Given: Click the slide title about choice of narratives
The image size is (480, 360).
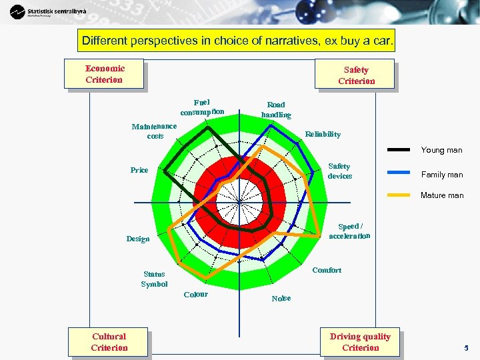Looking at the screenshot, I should pos(237,41).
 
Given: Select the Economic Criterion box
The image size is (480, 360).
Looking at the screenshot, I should pos(104,74).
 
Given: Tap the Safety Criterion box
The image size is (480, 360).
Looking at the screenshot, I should pos(355,75).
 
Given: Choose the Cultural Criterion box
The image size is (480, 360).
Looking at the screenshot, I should pos(109,342).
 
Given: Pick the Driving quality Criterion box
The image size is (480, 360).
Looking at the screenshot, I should pos(360,342).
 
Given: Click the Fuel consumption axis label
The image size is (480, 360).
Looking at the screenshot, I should pos(202,107).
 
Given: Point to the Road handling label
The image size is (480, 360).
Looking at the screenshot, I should pos(276,110).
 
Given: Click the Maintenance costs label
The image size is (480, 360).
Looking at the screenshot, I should pos(155,131).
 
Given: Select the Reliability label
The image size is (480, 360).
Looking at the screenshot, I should pos(323,134).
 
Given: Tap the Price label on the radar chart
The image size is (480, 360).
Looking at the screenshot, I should pos(139,170).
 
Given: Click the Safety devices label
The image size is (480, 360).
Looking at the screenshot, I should pos(339,171).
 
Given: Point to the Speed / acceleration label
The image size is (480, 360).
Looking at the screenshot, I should pos(350,231).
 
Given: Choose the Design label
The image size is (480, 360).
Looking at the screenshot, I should pos(138,239).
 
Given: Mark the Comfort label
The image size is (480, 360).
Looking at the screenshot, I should pos(327,270).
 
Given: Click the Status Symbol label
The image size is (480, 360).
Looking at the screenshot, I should pos(154,279).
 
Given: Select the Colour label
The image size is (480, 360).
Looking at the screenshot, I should pos(195,295).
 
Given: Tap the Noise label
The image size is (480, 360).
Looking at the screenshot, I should pos(281,299).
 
